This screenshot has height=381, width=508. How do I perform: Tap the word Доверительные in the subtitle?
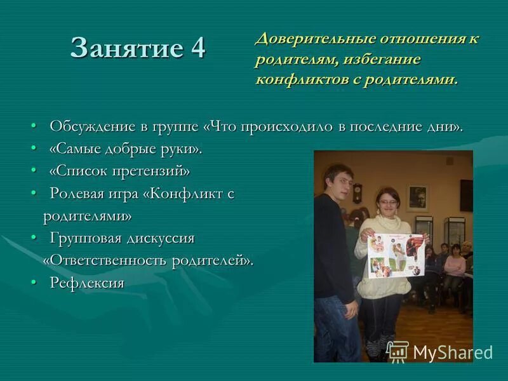coord(315,38)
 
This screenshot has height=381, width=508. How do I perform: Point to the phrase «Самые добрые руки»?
coord(126,149)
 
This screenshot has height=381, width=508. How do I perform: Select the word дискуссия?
coord(159,238)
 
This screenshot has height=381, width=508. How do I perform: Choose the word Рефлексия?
coord(87,283)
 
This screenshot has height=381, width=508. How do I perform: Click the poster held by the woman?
coord(395,255)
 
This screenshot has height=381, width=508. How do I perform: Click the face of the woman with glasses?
coord(386,202)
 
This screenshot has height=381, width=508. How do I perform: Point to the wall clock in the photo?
coord(358,192)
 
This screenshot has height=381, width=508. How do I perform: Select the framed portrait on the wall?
coord(417,197)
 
